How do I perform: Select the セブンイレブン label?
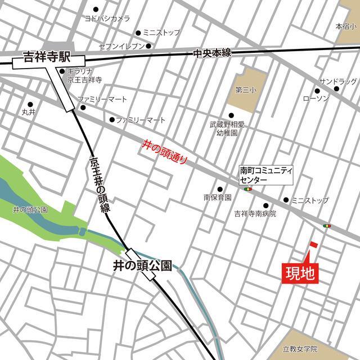(x=121, y=46)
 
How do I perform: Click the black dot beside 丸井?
(x=30, y=104)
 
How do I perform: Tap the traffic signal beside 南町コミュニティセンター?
(x=248, y=190)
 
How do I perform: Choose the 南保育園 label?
(x=218, y=197)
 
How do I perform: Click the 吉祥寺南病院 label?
(x=255, y=214)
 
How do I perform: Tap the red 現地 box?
(x=300, y=274)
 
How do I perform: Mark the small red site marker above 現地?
(x=313, y=245)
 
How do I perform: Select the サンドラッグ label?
(x=338, y=80)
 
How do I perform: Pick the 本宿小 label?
(x=346, y=26)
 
